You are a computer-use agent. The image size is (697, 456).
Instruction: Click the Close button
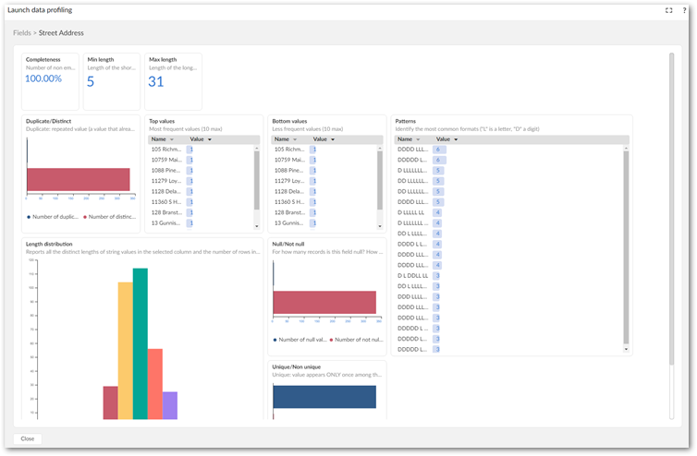click(x=28, y=438)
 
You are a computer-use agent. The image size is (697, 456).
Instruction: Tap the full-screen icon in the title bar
click(x=668, y=10)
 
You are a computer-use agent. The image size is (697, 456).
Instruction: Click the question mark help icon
click(x=684, y=10)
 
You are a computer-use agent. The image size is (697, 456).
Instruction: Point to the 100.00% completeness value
click(x=43, y=78)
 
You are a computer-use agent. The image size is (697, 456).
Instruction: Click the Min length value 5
click(x=91, y=81)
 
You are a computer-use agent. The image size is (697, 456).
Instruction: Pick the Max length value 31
click(x=156, y=81)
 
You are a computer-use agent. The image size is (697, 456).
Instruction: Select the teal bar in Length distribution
click(x=141, y=342)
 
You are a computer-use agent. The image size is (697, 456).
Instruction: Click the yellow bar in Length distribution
click(x=125, y=350)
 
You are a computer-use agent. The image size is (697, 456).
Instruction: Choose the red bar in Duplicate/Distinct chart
click(x=79, y=179)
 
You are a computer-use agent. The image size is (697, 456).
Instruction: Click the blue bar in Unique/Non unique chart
click(x=324, y=396)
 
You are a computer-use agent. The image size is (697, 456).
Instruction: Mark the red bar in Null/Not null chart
click(x=324, y=302)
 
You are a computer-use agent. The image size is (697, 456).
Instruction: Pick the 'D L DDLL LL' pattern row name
click(x=412, y=275)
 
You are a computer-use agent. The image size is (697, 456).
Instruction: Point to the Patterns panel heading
click(x=405, y=121)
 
